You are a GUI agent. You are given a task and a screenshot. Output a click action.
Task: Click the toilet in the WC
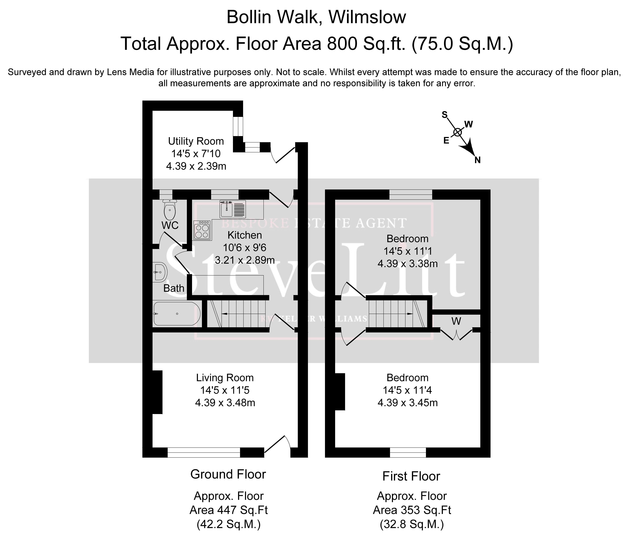click(170, 210)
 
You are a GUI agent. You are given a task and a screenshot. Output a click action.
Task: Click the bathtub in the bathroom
click(177, 313)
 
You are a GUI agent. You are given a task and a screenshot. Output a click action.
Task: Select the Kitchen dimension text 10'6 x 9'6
click(245, 248)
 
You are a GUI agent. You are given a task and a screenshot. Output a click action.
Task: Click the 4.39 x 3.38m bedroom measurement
click(408, 264)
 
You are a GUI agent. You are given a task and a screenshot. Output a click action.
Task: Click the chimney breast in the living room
click(157, 392)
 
